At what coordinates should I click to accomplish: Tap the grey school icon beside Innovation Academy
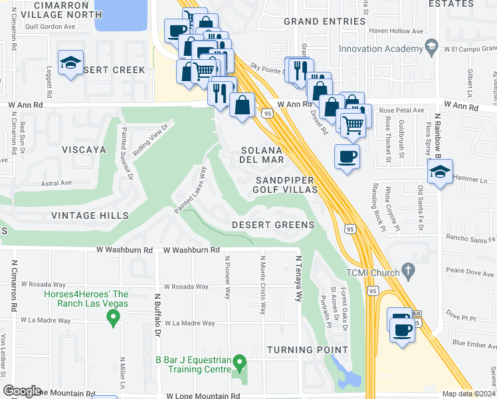(x=431, y=47)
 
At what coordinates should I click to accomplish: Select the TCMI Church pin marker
(x=409, y=271)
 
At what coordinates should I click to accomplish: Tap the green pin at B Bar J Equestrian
(x=241, y=362)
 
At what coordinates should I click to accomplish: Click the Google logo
(x=22, y=390)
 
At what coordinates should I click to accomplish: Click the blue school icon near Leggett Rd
(x=70, y=63)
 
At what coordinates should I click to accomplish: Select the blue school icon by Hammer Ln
(x=440, y=172)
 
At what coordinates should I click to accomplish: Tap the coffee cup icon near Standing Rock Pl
(x=346, y=157)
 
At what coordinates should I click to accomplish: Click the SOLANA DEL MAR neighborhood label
(x=262, y=156)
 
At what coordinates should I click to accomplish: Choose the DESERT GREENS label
(x=272, y=225)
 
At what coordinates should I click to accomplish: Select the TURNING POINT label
(x=307, y=350)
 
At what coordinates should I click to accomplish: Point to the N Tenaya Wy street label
(x=299, y=277)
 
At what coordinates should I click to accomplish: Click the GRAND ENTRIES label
(x=324, y=21)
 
